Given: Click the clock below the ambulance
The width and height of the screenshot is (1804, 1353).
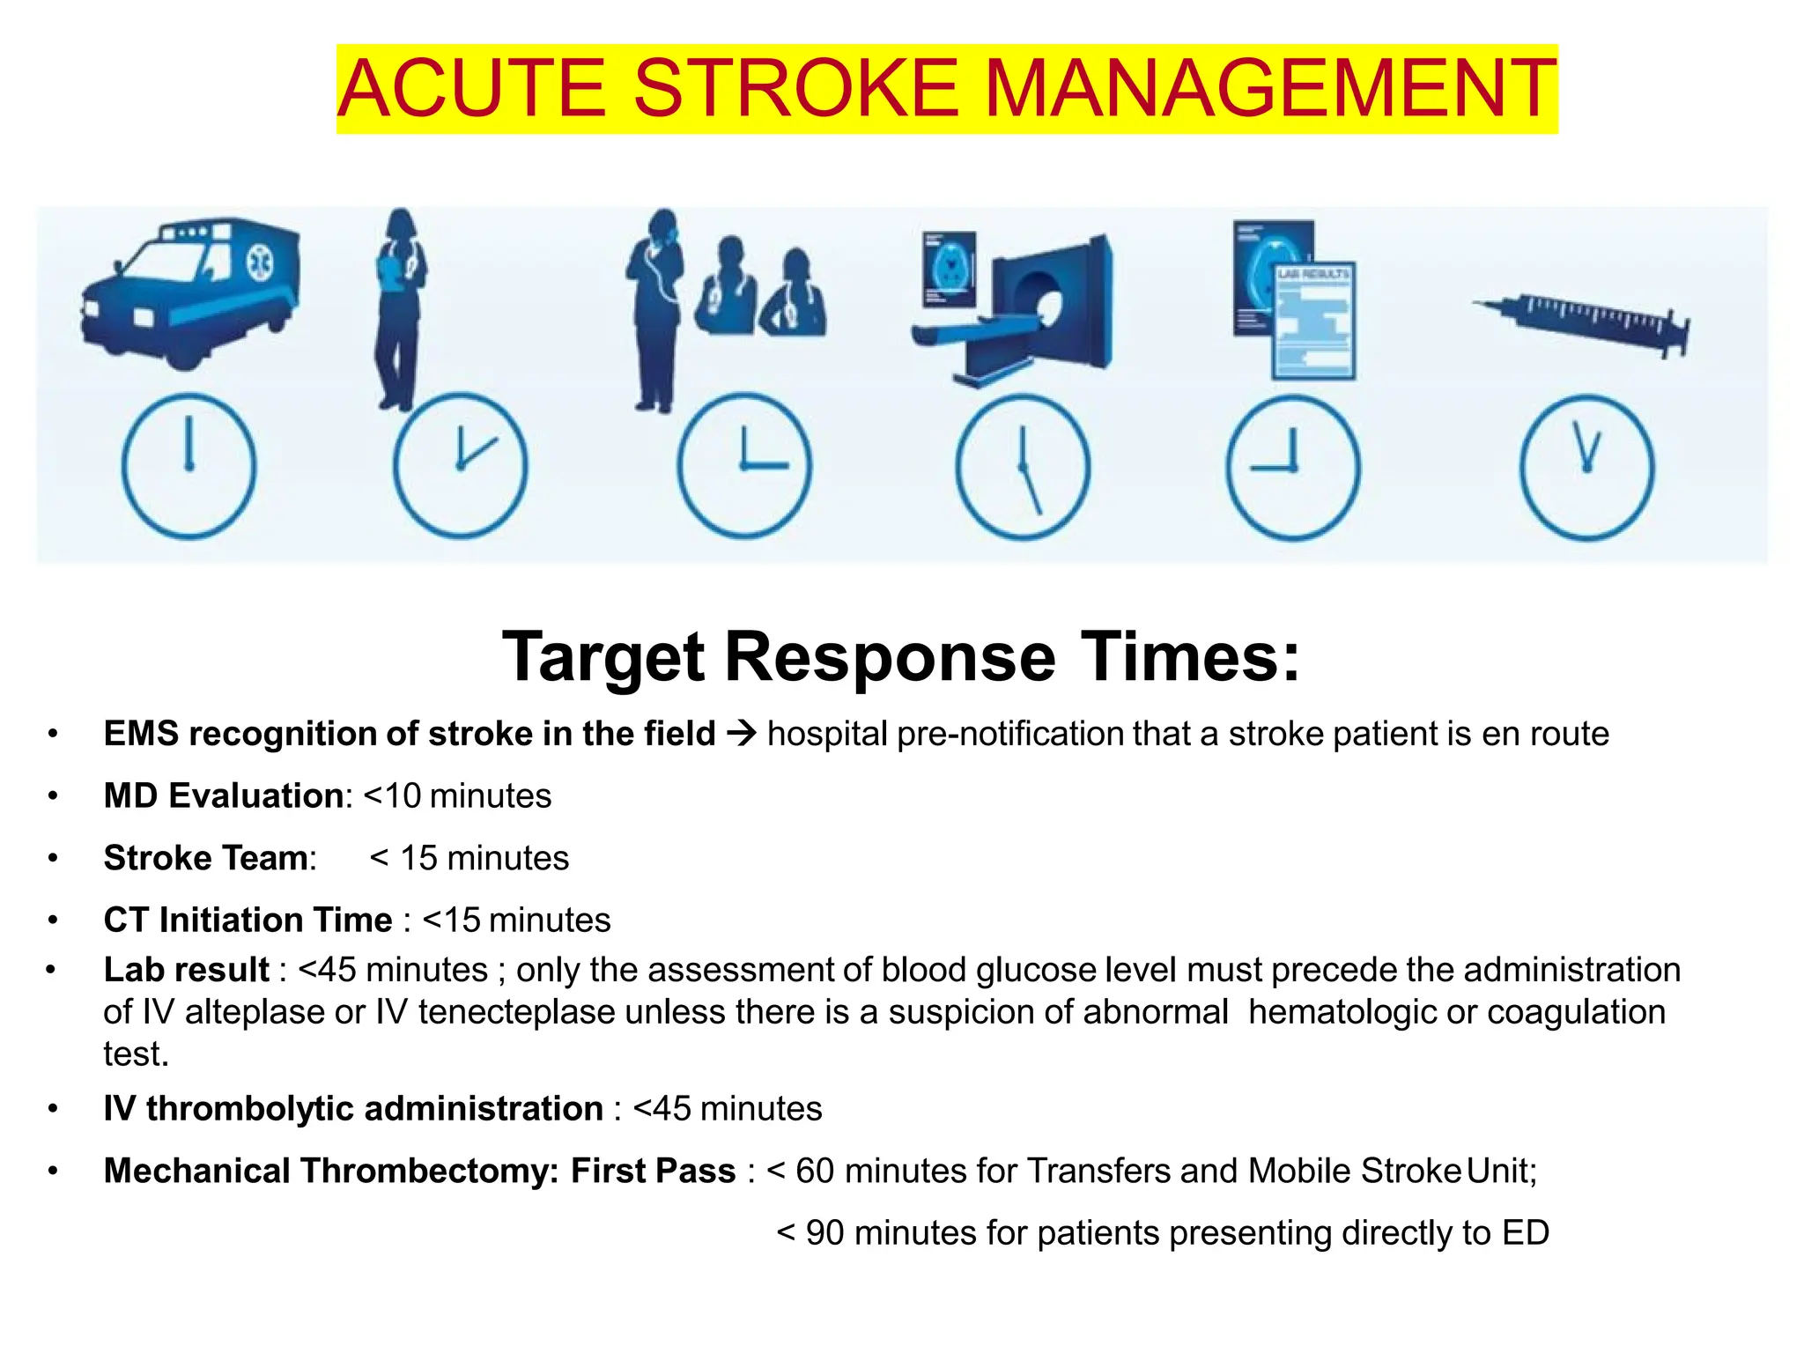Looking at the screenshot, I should click(x=189, y=466).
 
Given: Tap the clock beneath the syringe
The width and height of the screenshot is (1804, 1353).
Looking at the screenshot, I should click(x=1586, y=467).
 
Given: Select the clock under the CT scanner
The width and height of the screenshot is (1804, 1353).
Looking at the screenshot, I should click(x=1022, y=467).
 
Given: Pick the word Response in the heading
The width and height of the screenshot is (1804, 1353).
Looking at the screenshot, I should click(x=890, y=657).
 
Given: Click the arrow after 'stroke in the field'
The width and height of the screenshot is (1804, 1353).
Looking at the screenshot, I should click(x=742, y=734).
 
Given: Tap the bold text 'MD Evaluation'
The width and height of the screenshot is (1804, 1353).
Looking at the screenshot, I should click(x=223, y=795).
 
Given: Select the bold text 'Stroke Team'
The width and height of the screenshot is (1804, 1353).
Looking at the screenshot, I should click(x=206, y=858).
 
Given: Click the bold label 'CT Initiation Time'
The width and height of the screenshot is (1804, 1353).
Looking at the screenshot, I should click(x=248, y=920).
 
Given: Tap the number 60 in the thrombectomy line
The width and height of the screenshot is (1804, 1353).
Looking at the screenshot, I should click(x=814, y=1171).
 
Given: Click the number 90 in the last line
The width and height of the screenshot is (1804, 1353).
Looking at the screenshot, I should click(x=824, y=1232).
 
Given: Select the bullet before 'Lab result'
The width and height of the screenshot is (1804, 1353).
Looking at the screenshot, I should click(x=51, y=970).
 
